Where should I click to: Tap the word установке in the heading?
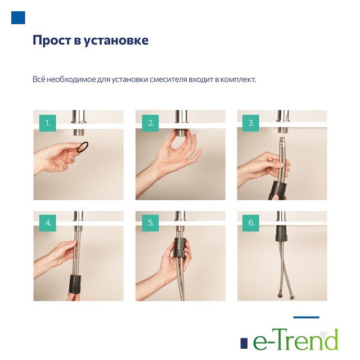pos(116,40)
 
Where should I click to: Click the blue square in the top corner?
pos(18,17)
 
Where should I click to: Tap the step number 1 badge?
pos(47,123)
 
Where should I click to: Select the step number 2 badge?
pos(150,123)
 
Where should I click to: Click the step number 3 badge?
pos(251,123)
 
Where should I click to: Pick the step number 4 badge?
pos(48,223)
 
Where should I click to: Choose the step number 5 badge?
pos(150,223)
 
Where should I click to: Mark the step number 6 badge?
pos(251,223)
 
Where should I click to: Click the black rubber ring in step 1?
pos(83,147)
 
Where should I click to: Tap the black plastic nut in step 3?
pos(278,190)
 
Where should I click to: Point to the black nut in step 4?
pos(75,284)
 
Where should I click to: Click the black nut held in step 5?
pos(181,247)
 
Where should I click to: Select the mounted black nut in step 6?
pos(281,233)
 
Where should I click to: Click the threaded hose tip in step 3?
pos(282,140)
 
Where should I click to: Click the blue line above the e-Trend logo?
pos(306,317)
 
